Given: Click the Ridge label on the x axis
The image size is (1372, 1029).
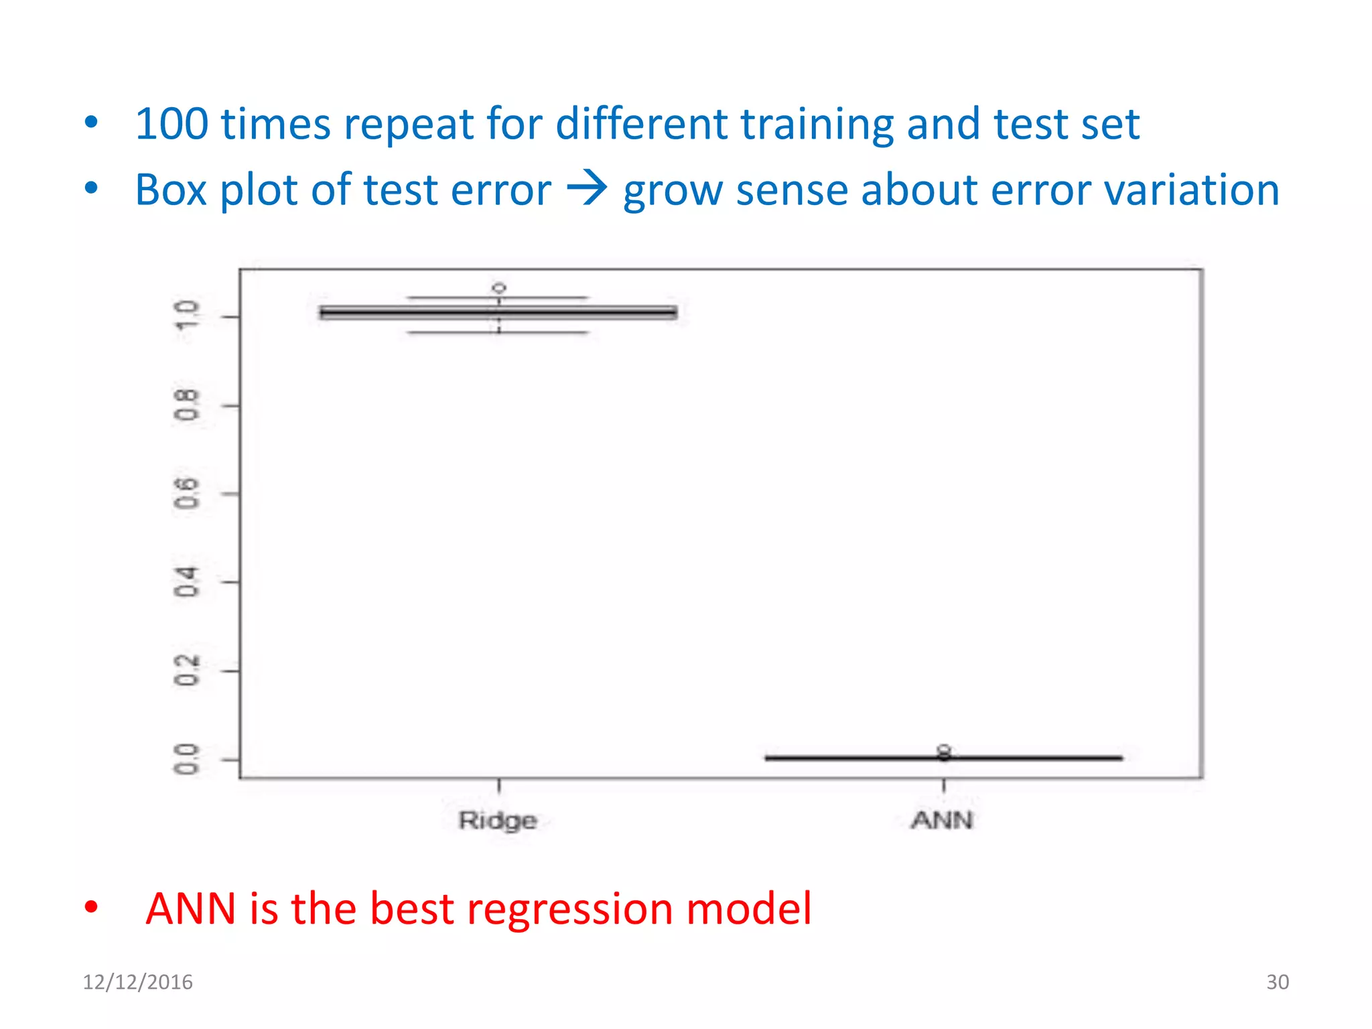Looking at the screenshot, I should point(498,821).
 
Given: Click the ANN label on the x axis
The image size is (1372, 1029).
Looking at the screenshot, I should point(942,820).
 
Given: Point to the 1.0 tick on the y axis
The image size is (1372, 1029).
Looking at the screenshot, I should point(186,315).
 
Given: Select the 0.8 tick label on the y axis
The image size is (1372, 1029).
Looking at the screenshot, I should point(186,405).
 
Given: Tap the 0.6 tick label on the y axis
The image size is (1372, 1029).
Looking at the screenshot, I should point(186,494).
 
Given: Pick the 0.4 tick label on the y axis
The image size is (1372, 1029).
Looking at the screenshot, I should point(186,582).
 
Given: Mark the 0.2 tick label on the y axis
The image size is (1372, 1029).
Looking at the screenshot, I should point(186,671).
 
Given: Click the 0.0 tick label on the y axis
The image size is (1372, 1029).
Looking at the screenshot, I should point(186,759).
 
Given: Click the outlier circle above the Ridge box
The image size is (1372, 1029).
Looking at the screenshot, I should point(499,288).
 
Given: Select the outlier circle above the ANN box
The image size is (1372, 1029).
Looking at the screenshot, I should point(944,749).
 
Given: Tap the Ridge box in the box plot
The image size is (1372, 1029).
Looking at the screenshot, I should point(498,313).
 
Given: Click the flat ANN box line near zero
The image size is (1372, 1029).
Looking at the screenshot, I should point(871,758).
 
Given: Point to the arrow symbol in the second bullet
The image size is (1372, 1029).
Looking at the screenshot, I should point(587,189).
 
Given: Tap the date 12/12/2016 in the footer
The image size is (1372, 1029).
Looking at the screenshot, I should point(137,982).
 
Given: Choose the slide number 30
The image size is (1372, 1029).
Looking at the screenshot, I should point(1277,982).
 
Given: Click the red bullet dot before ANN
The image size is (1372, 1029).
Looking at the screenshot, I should point(91,908).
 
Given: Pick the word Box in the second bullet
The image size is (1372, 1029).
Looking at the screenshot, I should point(171,190).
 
